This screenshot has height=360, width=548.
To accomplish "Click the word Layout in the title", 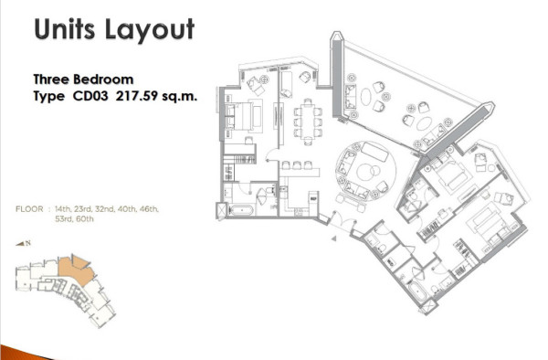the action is [150, 30].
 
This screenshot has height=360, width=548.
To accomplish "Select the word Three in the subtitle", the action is [51, 79].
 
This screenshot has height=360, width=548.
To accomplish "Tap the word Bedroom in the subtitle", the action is [103, 79].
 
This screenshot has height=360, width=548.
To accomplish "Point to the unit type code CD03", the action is [90, 96].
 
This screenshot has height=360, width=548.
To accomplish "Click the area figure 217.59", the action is [137, 96].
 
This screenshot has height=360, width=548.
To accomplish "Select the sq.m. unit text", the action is [180, 96].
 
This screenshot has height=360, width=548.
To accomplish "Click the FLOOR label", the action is [29, 209].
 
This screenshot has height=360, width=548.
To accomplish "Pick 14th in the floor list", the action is [63, 209].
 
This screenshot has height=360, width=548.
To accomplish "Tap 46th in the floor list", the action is [149, 209].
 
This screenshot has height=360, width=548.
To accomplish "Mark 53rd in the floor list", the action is [64, 219].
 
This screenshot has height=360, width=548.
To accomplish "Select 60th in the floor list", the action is [85, 219].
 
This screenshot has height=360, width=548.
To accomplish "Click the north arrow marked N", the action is [24, 243].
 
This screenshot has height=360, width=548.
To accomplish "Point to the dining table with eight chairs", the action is [308, 122].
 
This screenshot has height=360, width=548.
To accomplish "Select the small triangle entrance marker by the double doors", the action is [333, 238].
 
